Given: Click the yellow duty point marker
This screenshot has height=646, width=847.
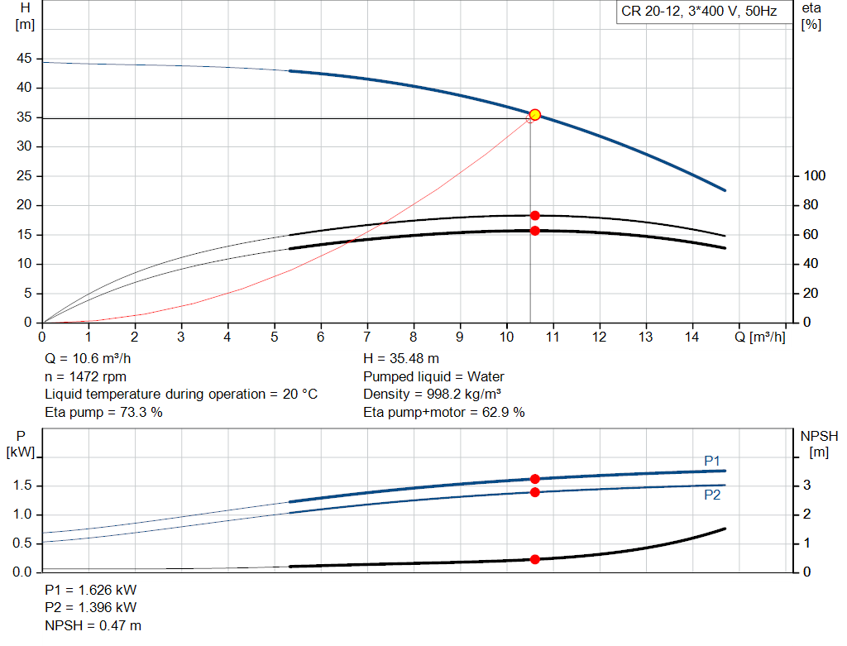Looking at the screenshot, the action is coord(535,114).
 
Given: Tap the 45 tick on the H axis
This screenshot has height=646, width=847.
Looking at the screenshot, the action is coord(24,59).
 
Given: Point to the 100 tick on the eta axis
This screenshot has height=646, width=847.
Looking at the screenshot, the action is coord(814,175).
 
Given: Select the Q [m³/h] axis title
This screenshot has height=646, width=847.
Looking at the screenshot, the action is coord(760,337).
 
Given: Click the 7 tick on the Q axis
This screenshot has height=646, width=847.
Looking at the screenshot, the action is coord(366,337).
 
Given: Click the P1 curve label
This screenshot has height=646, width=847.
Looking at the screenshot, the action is coord(712,461).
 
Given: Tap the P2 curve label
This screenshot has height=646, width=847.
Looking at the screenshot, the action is coord(712,495).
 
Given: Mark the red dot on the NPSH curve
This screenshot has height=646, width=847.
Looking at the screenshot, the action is coord(535,559).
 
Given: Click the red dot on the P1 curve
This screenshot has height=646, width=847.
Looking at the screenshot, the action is coord(535,479).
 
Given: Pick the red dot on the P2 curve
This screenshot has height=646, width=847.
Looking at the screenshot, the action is coord(535,492).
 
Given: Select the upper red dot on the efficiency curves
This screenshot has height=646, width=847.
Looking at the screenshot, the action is coord(535,216).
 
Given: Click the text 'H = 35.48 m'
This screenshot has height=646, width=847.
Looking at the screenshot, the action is coord(401,359).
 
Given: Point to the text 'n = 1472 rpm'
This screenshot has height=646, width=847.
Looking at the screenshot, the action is coord(85,377).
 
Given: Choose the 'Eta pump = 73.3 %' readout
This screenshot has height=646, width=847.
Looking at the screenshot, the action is coord(103,413).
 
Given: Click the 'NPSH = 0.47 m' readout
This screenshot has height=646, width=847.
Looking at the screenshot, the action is coord(93,625).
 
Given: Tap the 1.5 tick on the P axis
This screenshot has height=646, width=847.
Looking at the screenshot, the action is coord(22,485).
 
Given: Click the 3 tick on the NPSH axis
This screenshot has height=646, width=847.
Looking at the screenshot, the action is coord(806,485).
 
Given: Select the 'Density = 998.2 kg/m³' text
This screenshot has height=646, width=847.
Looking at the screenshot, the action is coord(432,395).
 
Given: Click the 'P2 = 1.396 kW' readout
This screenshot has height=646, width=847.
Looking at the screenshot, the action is coord(91,608).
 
